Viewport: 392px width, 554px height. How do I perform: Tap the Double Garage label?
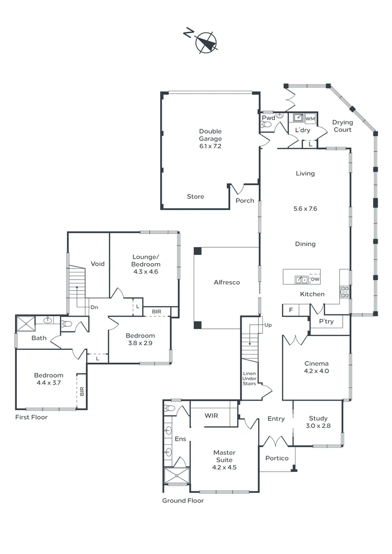tap(210, 135)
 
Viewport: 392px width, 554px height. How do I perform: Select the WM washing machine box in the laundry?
tap(310, 119)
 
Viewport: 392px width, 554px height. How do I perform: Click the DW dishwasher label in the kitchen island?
tap(315, 279)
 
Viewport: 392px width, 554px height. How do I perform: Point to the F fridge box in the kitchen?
tap(290, 310)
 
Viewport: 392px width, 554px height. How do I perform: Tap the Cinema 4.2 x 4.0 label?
tap(316, 368)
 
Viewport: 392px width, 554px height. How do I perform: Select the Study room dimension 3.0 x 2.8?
tap(318, 426)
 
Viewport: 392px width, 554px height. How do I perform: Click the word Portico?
tap(277, 458)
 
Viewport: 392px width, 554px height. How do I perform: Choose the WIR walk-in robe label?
tap(211, 415)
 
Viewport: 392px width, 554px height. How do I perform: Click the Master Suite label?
tap(224, 456)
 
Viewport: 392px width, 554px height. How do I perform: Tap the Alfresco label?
tap(227, 282)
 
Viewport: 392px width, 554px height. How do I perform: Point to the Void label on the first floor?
tap(97, 264)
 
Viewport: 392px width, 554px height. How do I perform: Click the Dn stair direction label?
tap(94, 307)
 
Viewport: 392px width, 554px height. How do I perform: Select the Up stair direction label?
tap(268, 325)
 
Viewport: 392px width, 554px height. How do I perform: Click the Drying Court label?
tap(342, 126)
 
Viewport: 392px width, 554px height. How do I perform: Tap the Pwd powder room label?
tap(268, 117)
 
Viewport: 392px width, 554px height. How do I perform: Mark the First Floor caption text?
tap(31, 417)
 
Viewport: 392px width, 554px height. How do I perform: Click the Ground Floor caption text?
tap(183, 501)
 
